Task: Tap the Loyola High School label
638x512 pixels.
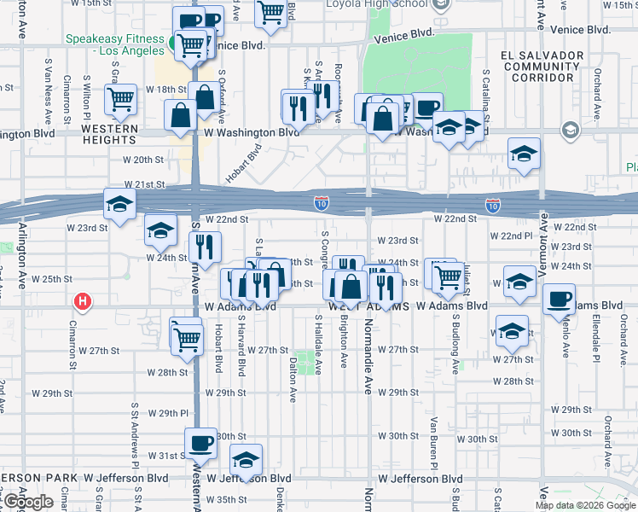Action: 377,4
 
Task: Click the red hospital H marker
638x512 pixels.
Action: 83,301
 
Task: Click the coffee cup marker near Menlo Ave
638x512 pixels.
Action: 559,299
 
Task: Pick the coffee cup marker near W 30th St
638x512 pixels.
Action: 201,444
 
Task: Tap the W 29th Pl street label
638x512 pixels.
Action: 167,413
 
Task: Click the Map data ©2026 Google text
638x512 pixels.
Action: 585,505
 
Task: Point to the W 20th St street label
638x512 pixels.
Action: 142,160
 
